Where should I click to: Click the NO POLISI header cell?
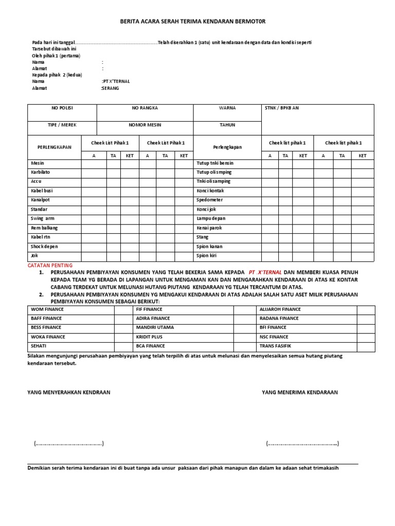click(x=62, y=108)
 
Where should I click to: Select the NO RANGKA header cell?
click(x=145, y=108)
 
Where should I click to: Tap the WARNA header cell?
click(x=227, y=108)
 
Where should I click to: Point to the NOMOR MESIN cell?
click(x=145, y=125)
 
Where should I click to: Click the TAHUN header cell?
click(x=227, y=125)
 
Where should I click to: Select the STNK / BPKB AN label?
click(x=281, y=108)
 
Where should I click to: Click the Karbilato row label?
click(x=41, y=172)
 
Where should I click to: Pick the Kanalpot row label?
click(x=41, y=200)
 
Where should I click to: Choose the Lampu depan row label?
click(x=211, y=218)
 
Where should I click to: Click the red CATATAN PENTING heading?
click(x=50, y=265)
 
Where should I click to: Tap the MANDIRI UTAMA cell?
click(x=155, y=327)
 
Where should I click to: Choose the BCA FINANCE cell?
click(x=151, y=346)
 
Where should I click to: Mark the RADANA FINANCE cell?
click(x=279, y=318)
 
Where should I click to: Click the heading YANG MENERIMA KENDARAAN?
click(x=300, y=392)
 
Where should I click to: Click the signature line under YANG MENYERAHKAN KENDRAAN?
click(x=69, y=444)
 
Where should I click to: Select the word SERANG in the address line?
click(x=111, y=88)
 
